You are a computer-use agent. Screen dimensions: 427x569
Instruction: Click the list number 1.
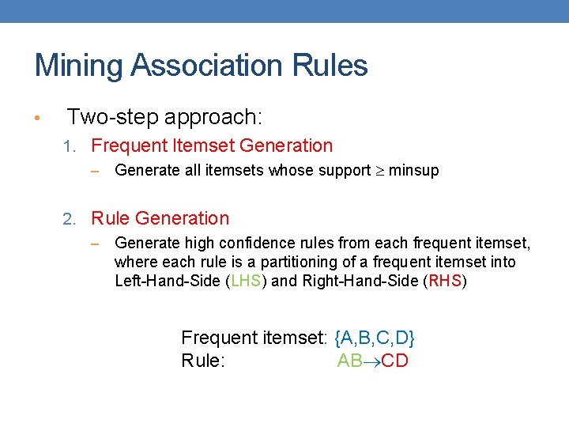[69, 146]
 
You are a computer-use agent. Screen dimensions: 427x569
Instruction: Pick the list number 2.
[69, 219]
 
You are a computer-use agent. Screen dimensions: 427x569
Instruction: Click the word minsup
[414, 170]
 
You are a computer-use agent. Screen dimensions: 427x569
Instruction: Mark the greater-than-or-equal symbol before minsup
[380, 170]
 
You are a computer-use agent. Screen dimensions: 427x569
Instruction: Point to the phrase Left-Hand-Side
[167, 281]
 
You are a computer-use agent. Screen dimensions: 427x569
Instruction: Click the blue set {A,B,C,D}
[375, 338]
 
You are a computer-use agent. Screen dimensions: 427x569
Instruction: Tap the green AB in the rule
[349, 361]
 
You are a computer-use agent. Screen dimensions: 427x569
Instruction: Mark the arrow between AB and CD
[371, 361]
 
